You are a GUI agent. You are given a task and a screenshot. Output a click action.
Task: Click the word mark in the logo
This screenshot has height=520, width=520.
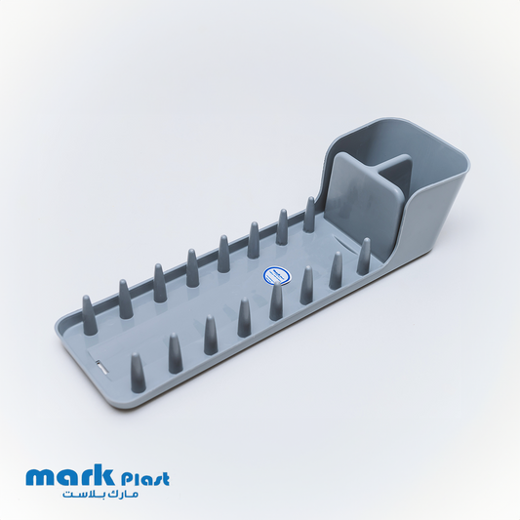click(67, 478)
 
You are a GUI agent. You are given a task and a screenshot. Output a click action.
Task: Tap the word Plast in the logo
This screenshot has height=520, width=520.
click(142, 478)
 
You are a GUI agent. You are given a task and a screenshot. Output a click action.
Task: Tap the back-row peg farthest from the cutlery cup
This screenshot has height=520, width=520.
click(126, 300)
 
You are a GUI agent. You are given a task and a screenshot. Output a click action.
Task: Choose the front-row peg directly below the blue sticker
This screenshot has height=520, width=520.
click(276, 301)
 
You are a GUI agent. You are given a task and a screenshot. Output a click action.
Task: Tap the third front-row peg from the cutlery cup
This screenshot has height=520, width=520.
click(306, 286)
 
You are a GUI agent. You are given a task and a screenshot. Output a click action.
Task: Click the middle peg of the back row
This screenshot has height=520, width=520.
click(223, 254)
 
